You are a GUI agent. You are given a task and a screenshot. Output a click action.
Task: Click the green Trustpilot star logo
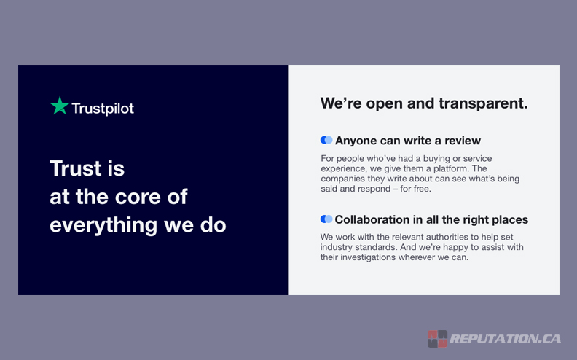(59, 106)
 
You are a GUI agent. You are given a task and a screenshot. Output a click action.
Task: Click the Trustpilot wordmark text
(103, 109)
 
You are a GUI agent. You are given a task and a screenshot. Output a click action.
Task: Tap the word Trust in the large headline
(73, 168)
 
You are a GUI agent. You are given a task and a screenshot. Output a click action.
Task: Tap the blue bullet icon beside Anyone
(326, 140)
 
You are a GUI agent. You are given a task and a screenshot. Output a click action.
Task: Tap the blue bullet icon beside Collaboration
(326, 219)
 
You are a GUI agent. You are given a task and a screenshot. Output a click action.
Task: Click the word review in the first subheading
(463, 141)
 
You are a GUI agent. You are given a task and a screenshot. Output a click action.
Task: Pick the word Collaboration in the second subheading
(372, 219)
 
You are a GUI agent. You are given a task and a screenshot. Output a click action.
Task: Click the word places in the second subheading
(508, 219)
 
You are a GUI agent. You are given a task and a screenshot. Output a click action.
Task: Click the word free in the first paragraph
(420, 189)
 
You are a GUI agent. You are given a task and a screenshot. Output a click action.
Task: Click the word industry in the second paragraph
(337, 247)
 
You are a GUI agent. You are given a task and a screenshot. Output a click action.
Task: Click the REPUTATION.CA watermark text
(505, 339)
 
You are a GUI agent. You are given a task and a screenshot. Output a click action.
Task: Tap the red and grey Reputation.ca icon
(437, 339)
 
